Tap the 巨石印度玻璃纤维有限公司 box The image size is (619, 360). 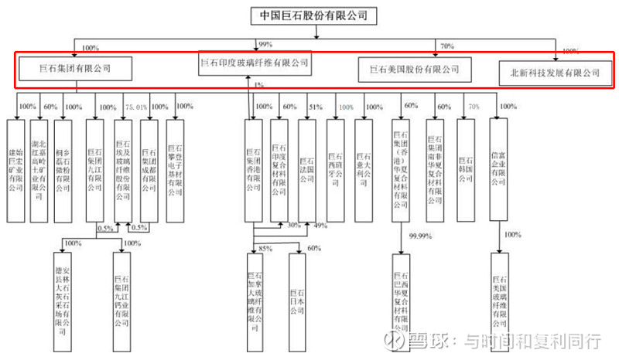pyautogui.click(x=255, y=63)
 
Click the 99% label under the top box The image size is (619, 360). pyautogui.click(x=267, y=45)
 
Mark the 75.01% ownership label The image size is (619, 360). pyautogui.click(x=136, y=107)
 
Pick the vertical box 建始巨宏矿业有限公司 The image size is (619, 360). pyautogui.click(x=16, y=164)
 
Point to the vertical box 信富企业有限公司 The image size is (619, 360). pyautogui.click(x=499, y=164)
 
